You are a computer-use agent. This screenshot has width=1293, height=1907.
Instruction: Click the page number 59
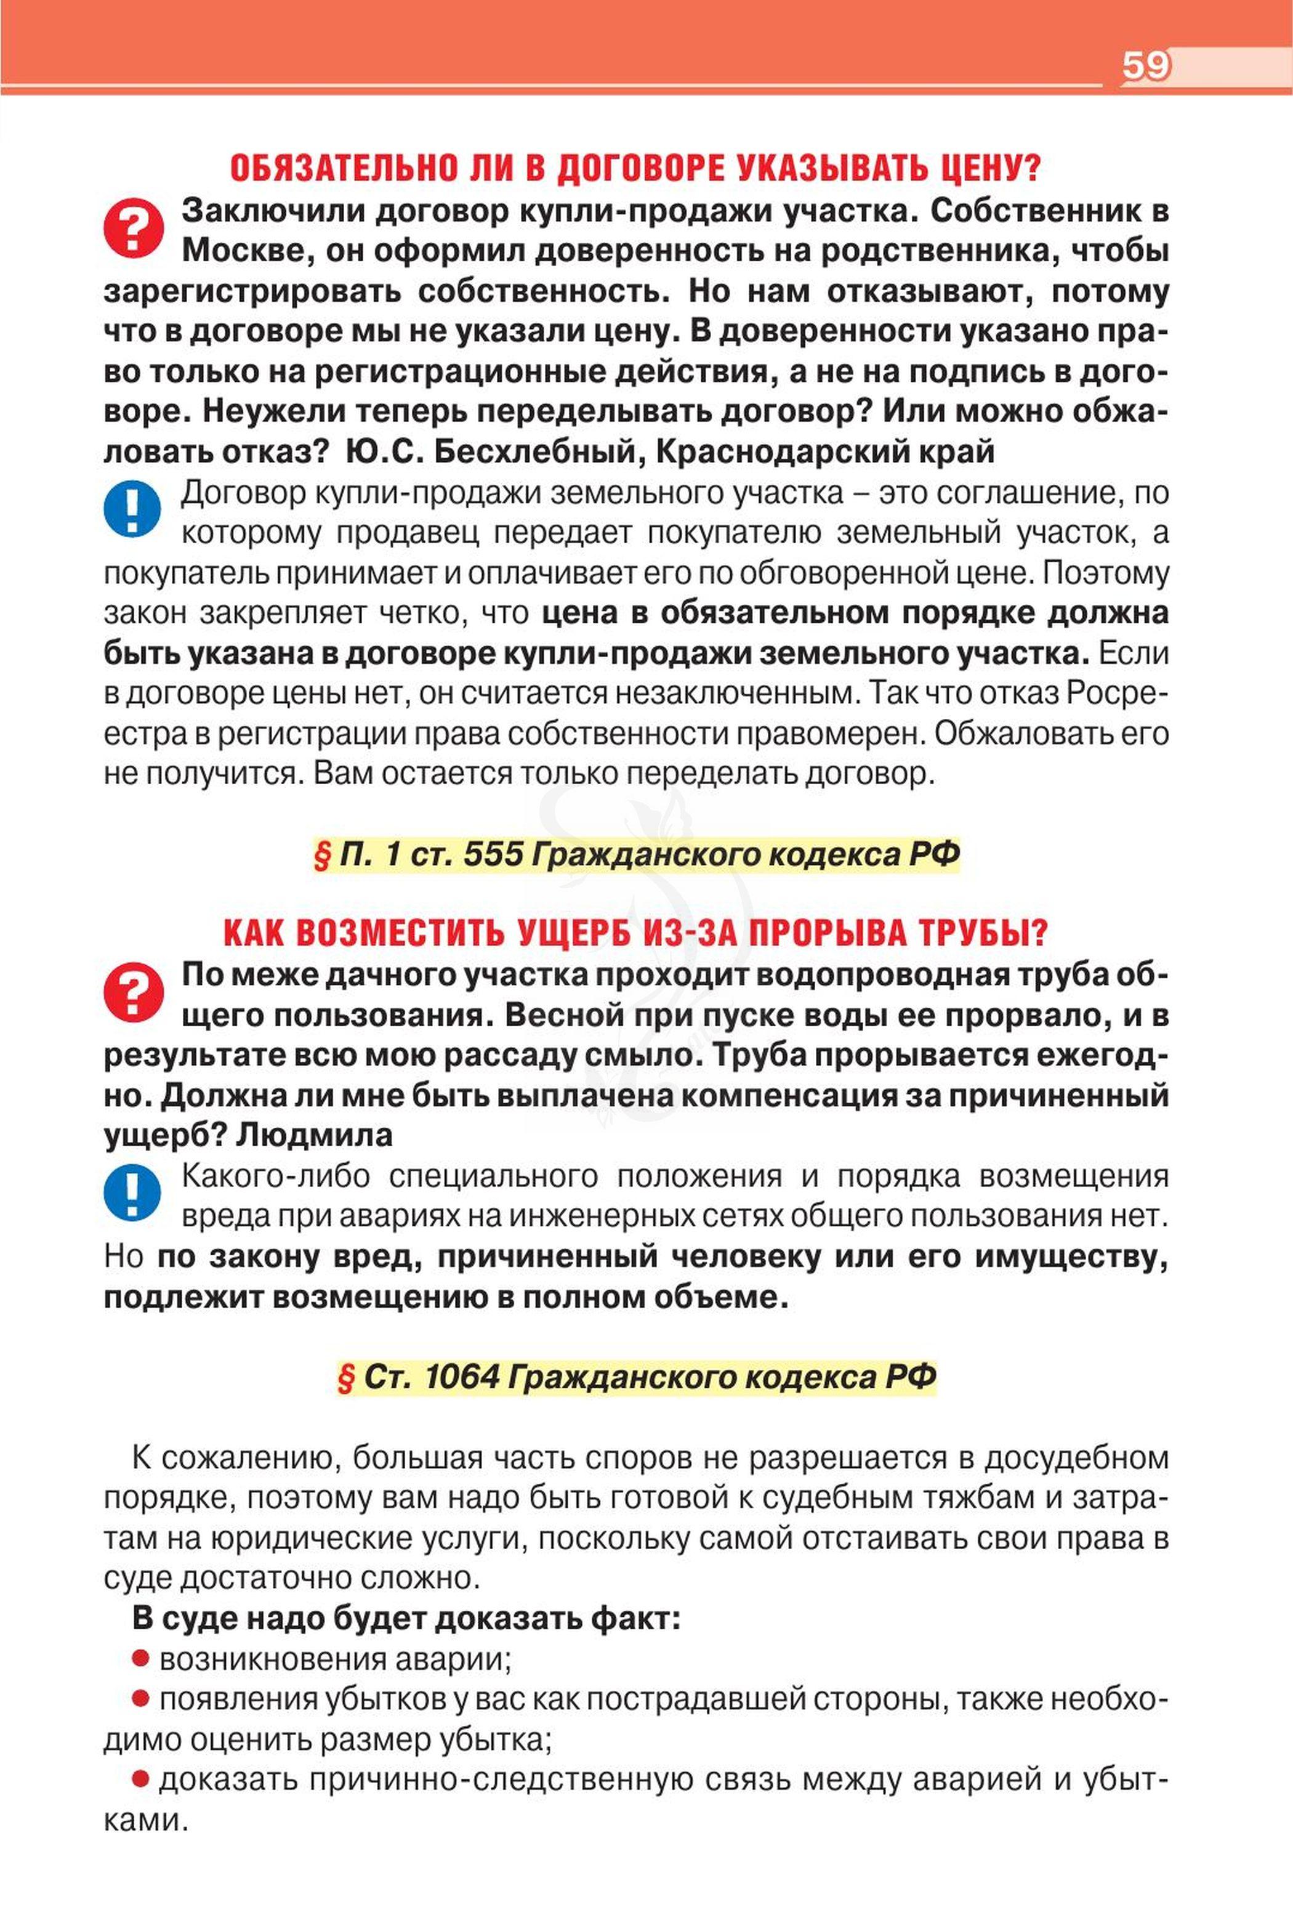(x=1145, y=65)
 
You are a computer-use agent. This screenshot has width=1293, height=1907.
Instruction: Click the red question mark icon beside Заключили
(x=134, y=229)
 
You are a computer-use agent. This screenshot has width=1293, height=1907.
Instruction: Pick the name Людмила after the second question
(x=314, y=1136)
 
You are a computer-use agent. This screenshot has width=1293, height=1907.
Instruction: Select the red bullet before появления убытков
(x=140, y=1699)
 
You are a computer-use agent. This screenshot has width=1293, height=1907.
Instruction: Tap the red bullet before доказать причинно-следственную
(x=140, y=1778)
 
